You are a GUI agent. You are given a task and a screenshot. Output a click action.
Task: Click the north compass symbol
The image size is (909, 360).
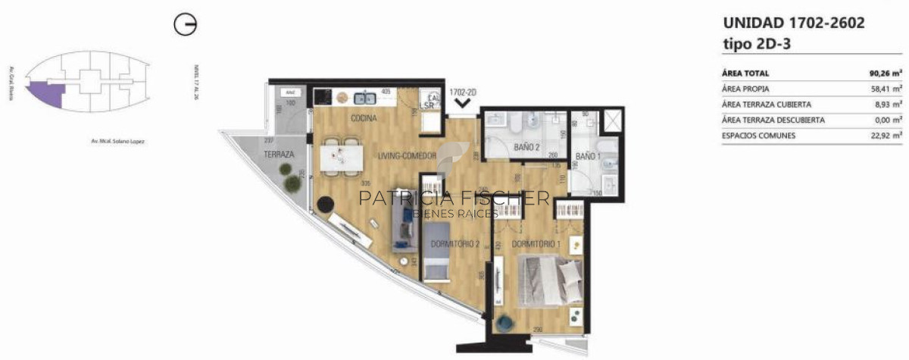pos(185,25)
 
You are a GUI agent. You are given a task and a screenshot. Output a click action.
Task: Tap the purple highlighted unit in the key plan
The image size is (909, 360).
pos(44,92)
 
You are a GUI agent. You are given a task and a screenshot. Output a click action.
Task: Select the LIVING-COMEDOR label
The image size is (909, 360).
pos(408,155)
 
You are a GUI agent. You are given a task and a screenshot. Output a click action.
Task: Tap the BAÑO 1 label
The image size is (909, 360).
pos(587,156)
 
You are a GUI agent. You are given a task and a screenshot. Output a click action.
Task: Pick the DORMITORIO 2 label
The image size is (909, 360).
pos(455,244)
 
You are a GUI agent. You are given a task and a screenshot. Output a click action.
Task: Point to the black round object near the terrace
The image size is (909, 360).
pos(326,205)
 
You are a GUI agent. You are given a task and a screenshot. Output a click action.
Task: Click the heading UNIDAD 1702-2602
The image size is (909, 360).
pos(794,23)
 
